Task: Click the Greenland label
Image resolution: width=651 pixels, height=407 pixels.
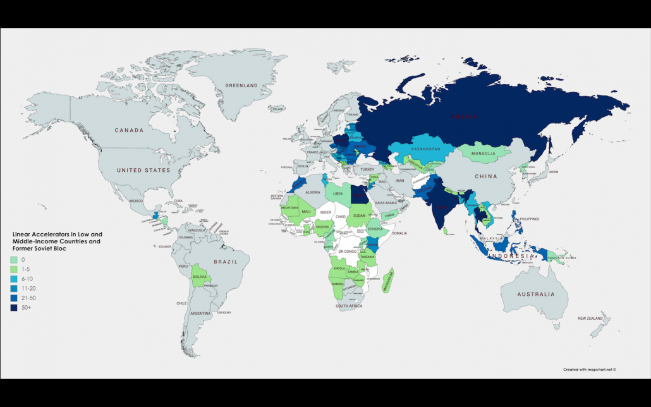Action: click(x=242, y=85)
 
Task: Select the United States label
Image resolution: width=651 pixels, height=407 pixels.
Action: click(x=143, y=170)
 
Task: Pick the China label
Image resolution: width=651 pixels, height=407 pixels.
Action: click(x=487, y=176)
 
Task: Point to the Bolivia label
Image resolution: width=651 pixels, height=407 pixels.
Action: click(x=200, y=277)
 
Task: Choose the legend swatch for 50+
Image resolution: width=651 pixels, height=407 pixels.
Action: click(x=13, y=307)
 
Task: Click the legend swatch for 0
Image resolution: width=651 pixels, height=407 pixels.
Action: click(x=13, y=259)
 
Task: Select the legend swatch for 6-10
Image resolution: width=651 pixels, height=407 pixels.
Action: click(x=13, y=278)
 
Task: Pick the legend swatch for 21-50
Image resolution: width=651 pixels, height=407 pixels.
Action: click(x=13, y=298)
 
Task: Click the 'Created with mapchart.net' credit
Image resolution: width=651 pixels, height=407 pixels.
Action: click(x=589, y=370)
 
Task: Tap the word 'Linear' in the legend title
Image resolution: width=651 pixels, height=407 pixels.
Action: click(x=21, y=234)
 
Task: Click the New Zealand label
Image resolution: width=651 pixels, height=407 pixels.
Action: click(x=593, y=319)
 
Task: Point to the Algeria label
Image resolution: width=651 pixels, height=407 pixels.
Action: click(x=313, y=191)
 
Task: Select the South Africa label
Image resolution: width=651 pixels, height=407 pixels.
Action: click(x=348, y=307)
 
